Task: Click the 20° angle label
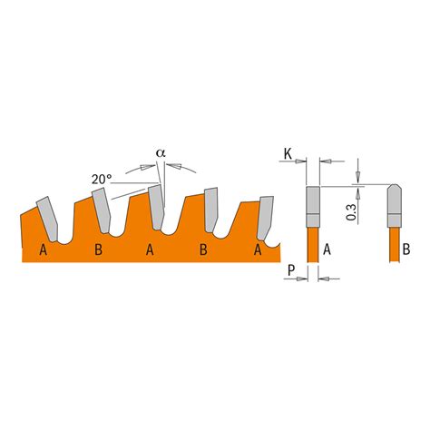102,180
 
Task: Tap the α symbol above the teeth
161,154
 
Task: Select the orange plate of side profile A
312,243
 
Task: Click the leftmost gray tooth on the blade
45,215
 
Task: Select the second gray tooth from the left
100,209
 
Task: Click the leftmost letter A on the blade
44,249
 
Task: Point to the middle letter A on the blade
150,249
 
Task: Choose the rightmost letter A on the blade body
258,249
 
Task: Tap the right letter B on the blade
204,249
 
